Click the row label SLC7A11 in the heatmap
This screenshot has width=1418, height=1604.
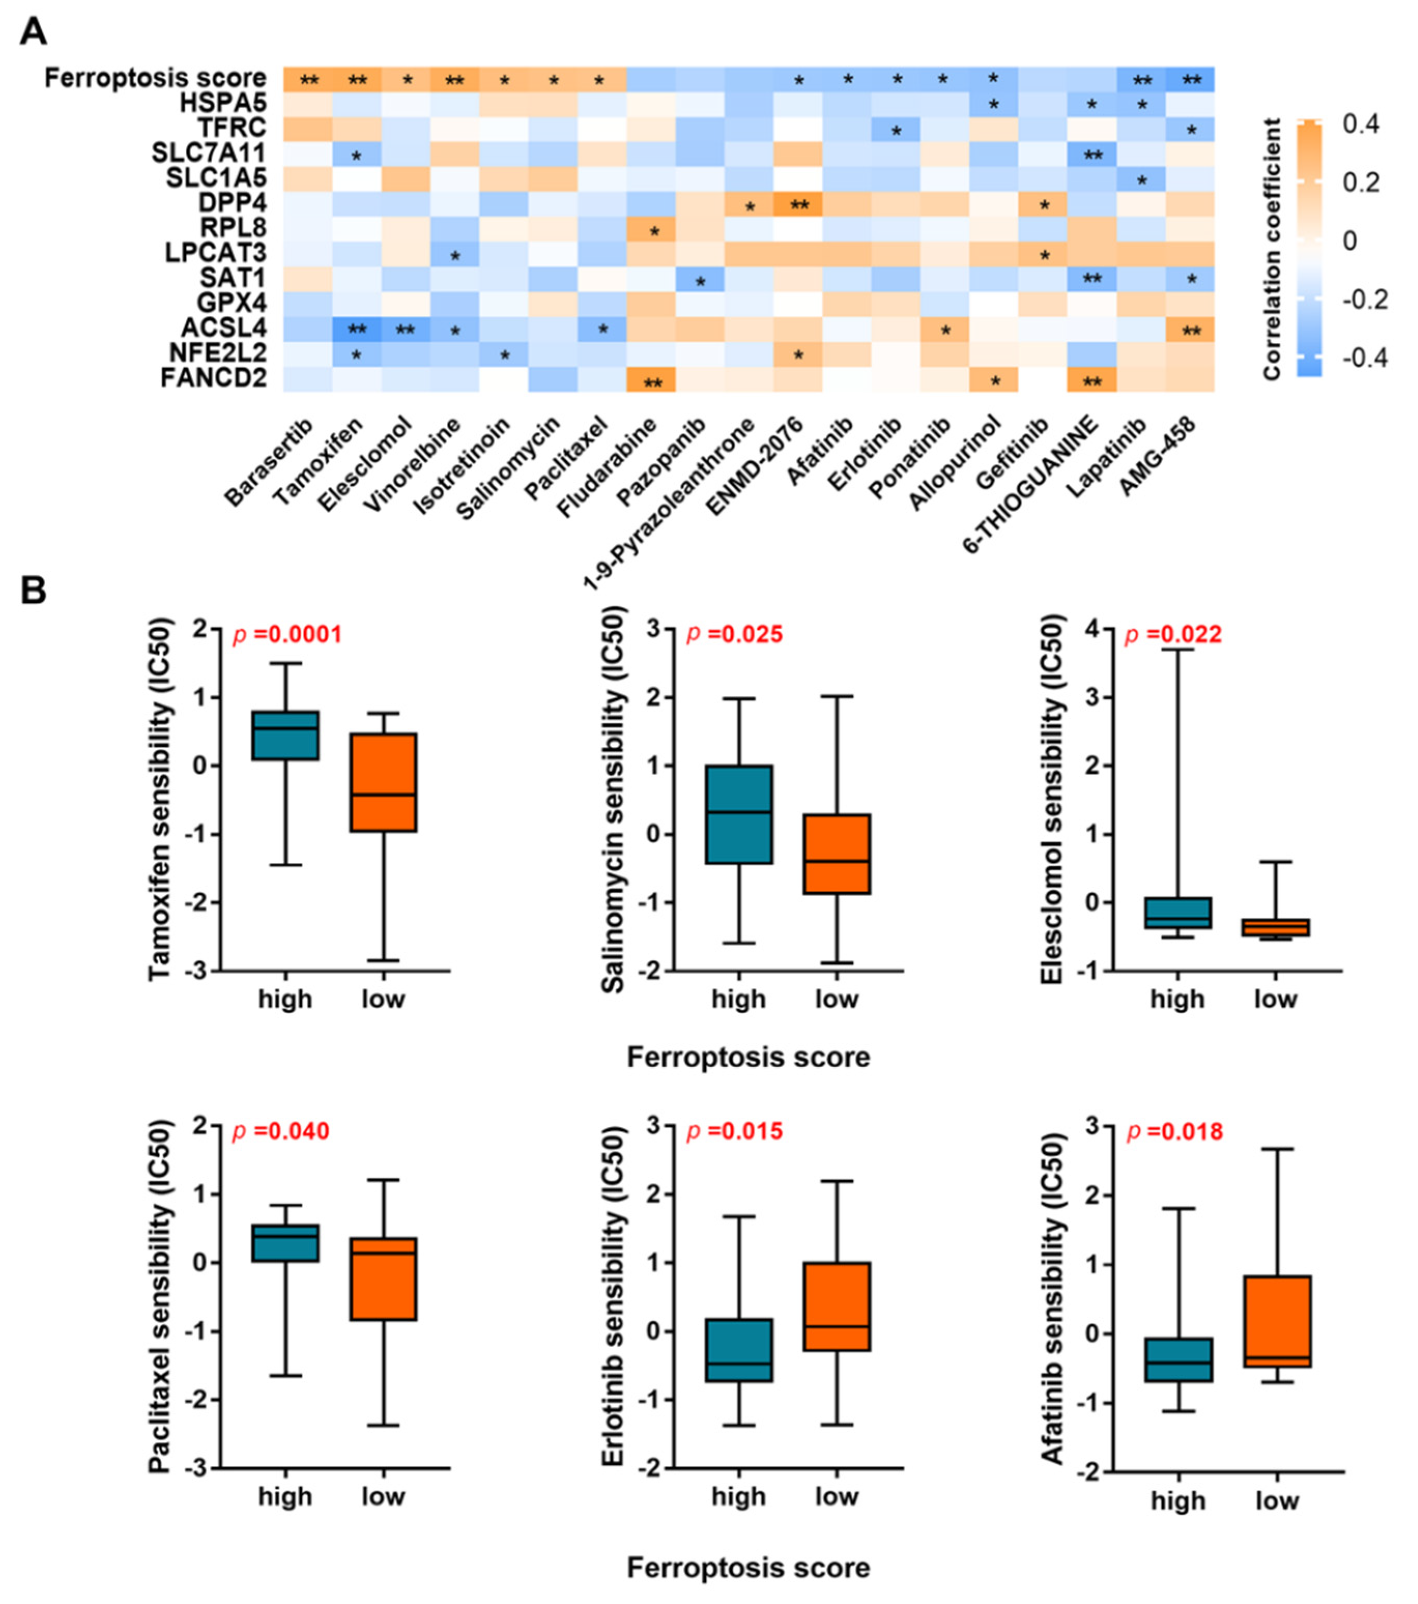[208, 152]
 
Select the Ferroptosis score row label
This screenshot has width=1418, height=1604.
[155, 79]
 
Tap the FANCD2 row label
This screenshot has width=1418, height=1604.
[213, 378]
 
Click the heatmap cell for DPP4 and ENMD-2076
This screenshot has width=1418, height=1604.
[799, 203]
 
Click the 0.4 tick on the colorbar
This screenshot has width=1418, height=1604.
[1362, 124]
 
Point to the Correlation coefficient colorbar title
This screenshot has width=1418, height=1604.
[1271, 250]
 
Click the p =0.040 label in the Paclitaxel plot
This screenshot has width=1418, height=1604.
[280, 1132]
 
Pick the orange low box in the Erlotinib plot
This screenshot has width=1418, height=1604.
[836, 1307]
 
